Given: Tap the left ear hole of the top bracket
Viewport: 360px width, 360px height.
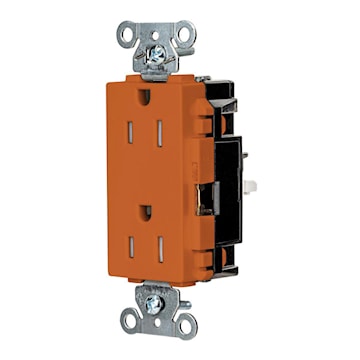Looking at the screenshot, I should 125,33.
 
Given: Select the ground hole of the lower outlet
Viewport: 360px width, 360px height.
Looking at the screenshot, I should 146,212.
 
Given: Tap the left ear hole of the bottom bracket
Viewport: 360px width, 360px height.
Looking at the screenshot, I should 130,322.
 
